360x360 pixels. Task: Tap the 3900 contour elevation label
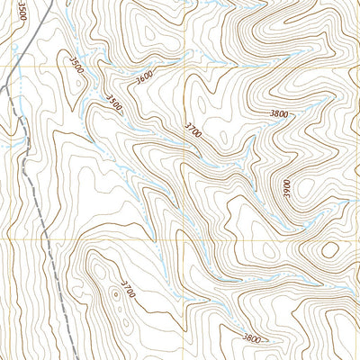289,188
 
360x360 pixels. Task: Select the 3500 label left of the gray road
21,15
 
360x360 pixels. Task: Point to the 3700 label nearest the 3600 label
192,130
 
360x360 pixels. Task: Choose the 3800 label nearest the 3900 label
280,114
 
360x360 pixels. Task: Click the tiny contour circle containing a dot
115,292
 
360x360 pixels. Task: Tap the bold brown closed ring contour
329,249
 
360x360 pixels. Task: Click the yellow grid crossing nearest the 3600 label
187,68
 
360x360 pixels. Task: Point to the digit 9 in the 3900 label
289,193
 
